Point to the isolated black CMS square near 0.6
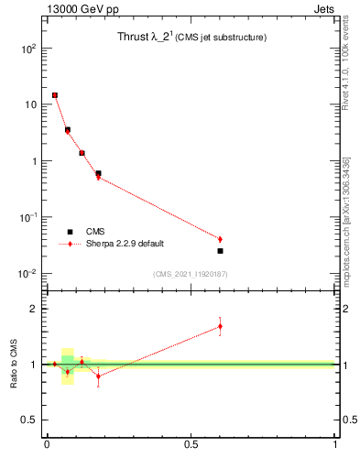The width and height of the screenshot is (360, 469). [x=220, y=250]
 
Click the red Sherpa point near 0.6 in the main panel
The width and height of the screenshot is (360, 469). [x=220, y=239]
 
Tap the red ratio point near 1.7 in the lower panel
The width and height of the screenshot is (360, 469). [x=220, y=326]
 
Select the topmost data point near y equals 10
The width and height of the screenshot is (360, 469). [x=55, y=94]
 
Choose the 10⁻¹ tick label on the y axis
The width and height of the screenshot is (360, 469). [x=27, y=217]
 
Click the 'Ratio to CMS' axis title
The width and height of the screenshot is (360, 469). [x=14, y=365]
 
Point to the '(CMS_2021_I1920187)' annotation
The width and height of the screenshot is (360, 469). [x=191, y=275]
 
